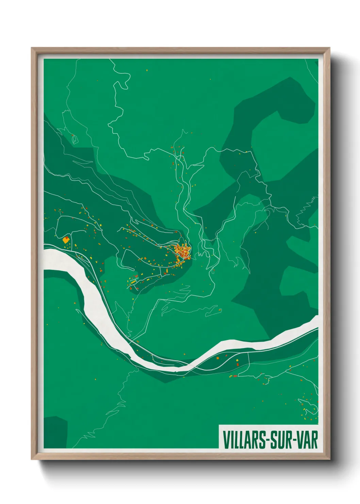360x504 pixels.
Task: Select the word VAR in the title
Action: pos(307,440)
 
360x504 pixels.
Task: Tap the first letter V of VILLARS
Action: pos(226,440)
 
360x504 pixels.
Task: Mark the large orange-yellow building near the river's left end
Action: pos(66,240)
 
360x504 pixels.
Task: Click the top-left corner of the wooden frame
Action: pos(32,48)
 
